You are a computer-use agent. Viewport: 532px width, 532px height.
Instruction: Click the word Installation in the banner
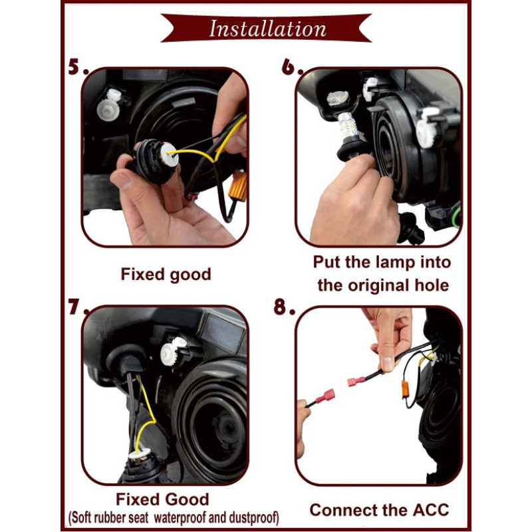click(268, 29)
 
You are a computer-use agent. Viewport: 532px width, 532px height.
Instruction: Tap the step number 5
click(76, 66)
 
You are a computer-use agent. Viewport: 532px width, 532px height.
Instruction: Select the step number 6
click(291, 66)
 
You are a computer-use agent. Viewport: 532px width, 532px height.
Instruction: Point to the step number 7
click(77, 307)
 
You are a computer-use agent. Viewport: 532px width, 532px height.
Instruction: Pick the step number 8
click(284, 307)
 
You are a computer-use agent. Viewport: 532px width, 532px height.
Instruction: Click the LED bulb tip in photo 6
click(337, 98)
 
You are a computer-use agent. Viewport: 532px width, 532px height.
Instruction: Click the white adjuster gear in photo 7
click(172, 353)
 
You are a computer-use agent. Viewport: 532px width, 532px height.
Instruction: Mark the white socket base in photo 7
click(139, 455)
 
